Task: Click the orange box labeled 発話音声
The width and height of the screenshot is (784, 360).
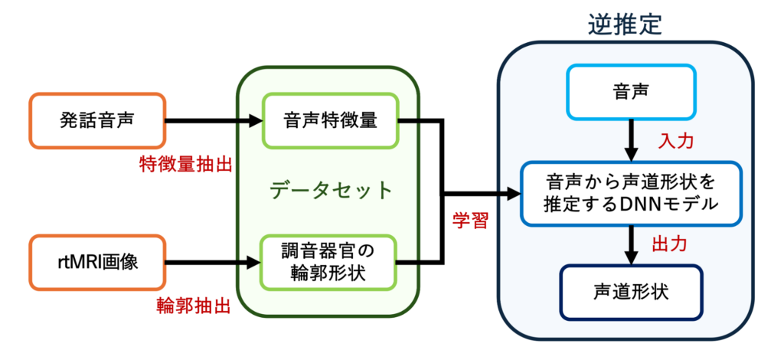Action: coord(96,120)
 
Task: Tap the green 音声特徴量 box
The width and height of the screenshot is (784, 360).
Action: coord(330,120)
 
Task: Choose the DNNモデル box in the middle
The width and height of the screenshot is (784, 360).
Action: coord(631,194)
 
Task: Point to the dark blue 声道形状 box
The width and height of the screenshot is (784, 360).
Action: coord(631,291)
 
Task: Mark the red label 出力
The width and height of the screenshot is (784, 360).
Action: coord(668,244)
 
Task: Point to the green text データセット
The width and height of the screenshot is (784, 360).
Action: coord(330,190)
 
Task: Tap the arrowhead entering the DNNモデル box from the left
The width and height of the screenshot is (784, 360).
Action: coord(511,194)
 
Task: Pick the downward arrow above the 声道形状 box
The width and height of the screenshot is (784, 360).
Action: coord(631,244)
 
